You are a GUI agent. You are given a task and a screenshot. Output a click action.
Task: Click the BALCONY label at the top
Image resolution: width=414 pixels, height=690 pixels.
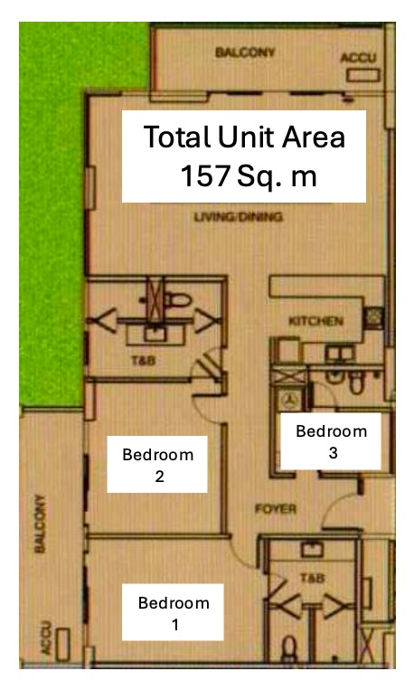pos(245,52)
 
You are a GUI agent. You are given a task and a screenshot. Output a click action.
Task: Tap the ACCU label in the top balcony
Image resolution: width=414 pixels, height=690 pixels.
pos(359,58)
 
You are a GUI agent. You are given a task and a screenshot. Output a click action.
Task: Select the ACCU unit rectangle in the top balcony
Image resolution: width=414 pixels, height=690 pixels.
pos(363,75)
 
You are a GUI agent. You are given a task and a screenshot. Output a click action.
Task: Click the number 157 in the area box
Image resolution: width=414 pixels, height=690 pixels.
pos(206,175)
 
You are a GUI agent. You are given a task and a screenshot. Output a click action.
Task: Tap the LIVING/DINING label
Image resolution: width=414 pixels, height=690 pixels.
pos(239,216)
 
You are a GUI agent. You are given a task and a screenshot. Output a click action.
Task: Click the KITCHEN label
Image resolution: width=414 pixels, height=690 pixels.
pos(315,321)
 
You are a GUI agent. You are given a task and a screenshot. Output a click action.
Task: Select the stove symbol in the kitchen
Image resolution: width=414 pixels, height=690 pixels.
pos(374,317)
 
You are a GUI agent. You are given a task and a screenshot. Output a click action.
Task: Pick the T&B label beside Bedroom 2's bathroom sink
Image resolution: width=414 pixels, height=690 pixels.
pos(144,361)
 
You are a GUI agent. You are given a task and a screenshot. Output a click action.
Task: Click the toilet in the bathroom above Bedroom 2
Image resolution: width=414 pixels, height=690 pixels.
pos(177,300)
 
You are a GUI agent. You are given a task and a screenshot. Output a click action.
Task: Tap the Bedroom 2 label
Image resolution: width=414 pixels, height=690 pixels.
pos(157,465)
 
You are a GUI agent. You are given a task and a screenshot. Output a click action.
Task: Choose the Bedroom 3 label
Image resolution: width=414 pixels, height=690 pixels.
pos(331,441)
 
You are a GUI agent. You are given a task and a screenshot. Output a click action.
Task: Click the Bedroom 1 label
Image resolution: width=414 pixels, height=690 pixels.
pos(174,612)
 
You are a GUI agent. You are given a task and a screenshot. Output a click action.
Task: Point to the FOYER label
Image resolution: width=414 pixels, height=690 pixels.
pos(276,509)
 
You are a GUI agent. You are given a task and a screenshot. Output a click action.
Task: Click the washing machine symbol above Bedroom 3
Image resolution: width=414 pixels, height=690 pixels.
pos(290,401)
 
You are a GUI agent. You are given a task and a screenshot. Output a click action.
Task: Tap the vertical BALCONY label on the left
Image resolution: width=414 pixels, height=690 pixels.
pos(40,524)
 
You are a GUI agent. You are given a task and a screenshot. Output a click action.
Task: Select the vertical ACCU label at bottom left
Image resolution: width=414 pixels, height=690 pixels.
pos(46,638)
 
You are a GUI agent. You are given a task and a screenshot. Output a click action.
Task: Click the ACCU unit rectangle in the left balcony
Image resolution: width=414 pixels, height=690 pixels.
pos(62,645)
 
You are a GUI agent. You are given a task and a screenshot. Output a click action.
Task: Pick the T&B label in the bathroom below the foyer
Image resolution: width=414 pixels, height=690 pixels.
pos(313,578)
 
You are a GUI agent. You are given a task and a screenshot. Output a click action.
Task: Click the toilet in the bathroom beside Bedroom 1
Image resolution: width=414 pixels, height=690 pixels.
pos(289,649)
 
